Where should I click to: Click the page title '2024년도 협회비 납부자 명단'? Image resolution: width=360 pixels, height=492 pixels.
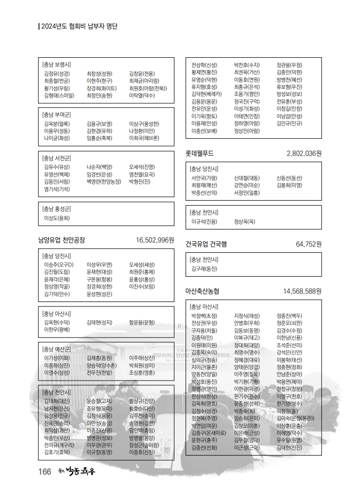click(79, 26)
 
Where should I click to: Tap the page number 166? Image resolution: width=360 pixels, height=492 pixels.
click(45, 472)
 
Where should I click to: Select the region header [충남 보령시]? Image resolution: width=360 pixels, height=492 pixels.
click(57, 65)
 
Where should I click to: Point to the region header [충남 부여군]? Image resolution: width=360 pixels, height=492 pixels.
click(57, 115)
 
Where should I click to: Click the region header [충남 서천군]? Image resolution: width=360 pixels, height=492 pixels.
click(57, 158)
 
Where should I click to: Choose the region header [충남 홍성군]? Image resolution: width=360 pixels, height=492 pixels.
click(57, 209)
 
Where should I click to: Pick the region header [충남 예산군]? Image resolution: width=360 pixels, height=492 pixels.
click(57, 349)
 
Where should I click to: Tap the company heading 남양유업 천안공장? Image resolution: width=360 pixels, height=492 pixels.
click(61, 240)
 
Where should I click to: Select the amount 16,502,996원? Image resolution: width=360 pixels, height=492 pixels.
click(155, 240)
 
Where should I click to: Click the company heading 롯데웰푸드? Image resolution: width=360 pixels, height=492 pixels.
click(200, 153)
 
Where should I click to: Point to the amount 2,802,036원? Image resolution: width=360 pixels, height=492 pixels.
click(304, 153)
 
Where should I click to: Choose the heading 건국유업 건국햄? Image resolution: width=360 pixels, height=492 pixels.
click(206, 244)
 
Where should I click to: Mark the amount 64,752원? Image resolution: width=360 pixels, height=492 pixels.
click(309, 244)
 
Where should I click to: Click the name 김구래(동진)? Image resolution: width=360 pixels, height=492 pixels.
click(204, 269)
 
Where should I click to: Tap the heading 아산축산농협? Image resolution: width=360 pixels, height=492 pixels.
click(202, 291)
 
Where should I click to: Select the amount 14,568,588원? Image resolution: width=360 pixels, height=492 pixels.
click(302, 291)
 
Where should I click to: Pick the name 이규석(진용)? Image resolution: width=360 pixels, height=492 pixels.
click(204, 221)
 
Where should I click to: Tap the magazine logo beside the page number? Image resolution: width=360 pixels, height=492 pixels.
click(75, 472)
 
